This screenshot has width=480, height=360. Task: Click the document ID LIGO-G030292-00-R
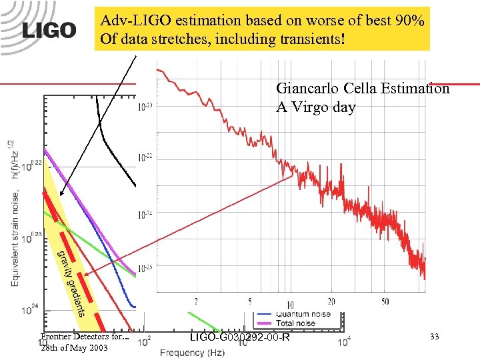pyautogui.click(x=240, y=338)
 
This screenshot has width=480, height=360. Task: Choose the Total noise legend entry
pyautogui.click(x=297, y=323)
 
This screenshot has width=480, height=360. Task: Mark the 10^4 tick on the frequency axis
pyautogui.click(x=344, y=342)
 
